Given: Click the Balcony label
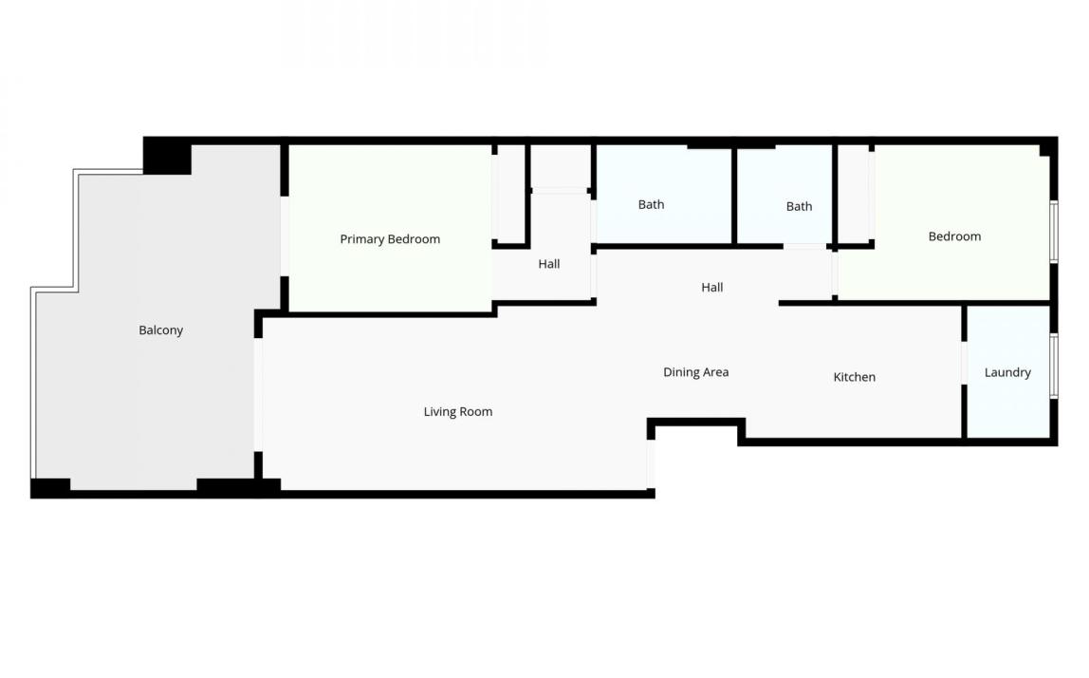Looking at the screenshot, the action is [160, 330].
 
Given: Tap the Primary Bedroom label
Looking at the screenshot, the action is [390, 239].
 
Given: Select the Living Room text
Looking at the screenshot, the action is [457, 412].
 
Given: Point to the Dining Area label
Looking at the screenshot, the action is [696, 372].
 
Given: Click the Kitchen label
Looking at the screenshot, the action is [855, 377].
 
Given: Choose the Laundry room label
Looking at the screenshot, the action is [1007, 373].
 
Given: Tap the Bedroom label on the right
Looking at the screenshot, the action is [954, 236].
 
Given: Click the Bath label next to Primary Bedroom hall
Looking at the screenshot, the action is [651, 204].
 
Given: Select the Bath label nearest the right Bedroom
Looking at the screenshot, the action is [799, 206].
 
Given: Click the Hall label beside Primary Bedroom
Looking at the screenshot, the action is [548, 264].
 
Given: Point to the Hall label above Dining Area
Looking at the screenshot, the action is [711, 287].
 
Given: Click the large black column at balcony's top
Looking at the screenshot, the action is [167, 156].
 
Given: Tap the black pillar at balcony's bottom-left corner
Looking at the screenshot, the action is [50, 487].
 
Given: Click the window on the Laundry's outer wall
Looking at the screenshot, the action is [1054, 365].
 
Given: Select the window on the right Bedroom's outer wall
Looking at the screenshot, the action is [1054, 232].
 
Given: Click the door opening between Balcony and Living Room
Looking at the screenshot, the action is [258, 395].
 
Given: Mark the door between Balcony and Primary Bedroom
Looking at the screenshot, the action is [284, 236].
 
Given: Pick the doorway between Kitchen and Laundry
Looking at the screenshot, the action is [964, 363].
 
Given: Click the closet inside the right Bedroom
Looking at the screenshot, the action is [854, 194].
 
